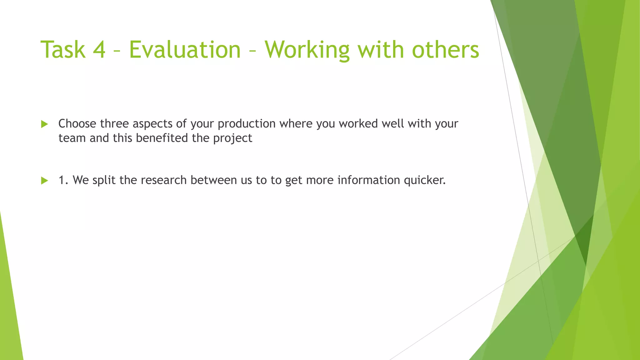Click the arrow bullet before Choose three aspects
(44, 124)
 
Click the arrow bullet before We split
(44, 181)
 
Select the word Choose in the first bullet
(77, 124)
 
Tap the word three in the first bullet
(114, 124)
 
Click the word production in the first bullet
(247, 124)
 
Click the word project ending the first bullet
(232, 138)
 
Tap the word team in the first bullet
(72, 138)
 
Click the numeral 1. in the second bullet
(63, 180)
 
